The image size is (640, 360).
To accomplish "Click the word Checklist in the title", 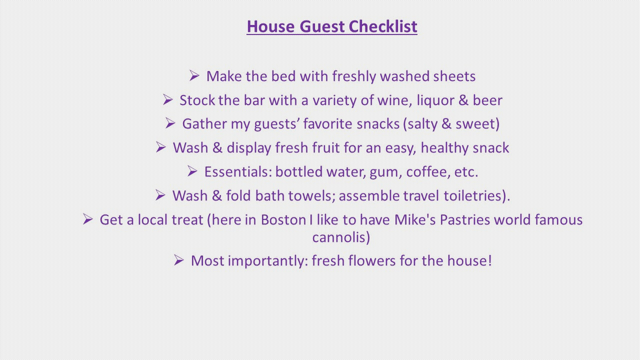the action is tap(383, 26).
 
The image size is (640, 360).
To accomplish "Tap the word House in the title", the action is tap(270, 26).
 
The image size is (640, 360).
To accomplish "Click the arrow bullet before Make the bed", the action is tap(194, 75).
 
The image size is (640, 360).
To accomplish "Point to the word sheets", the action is tap(454, 76).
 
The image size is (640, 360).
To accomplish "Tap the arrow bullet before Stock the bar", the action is tap(167, 99).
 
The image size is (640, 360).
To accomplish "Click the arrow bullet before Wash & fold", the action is tap(160, 195).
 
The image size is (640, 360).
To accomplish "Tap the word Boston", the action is tap(283, 220).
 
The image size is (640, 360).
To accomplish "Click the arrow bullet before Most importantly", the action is tap(179, 260).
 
